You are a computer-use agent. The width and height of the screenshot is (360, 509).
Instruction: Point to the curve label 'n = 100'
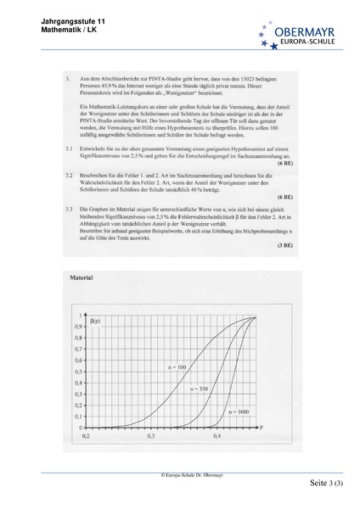tap(177, 366)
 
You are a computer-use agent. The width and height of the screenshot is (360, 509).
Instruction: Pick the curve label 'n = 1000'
tap(239, 411)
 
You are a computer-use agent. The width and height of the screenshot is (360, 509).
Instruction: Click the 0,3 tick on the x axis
tap(151, 434)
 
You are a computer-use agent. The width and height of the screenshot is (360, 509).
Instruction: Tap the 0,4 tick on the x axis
tap(217, 434)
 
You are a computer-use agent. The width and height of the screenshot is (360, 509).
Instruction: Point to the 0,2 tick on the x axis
tap(85, 434)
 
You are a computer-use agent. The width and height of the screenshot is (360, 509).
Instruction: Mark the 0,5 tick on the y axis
tap(78, 371)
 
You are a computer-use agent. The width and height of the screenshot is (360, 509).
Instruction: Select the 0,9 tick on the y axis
tap(78, 327)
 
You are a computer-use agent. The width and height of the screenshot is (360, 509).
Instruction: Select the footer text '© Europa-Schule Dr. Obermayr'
tap(180, 478)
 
